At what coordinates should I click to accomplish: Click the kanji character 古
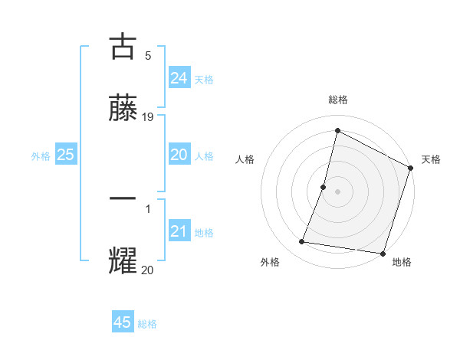(x=123, y=47)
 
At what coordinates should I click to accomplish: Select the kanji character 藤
(x=123, y=109)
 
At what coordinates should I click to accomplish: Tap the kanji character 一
(x=123, y=198)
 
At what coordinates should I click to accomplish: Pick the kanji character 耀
(x=123, y=261)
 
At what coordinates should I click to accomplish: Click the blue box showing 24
(x=179, y=78)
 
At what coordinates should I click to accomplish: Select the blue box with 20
(x=179, y=155)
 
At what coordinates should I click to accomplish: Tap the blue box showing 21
(x=179, y=231)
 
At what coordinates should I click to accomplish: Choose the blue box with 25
(x=65, y=155)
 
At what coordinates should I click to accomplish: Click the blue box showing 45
(x=123, y=322)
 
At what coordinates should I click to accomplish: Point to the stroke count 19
(x=148, y=117)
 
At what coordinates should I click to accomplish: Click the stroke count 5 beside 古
(x=147, y=55)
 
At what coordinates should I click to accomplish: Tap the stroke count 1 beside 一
(x=147, y=208)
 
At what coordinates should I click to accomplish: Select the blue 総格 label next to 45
(x=147, y=324)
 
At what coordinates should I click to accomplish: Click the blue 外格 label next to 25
(x=41, y=155)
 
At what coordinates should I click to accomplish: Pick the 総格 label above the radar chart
(x=337, y=100)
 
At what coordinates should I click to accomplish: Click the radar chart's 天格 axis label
(x=431, y=159)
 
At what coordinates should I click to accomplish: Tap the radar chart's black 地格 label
(x=402, y=262)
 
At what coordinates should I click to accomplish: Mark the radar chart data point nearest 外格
(x=302, y=242)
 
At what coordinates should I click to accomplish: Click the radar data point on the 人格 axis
(x=324, y=187)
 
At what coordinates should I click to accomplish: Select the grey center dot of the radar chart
(x=337, y=191)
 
